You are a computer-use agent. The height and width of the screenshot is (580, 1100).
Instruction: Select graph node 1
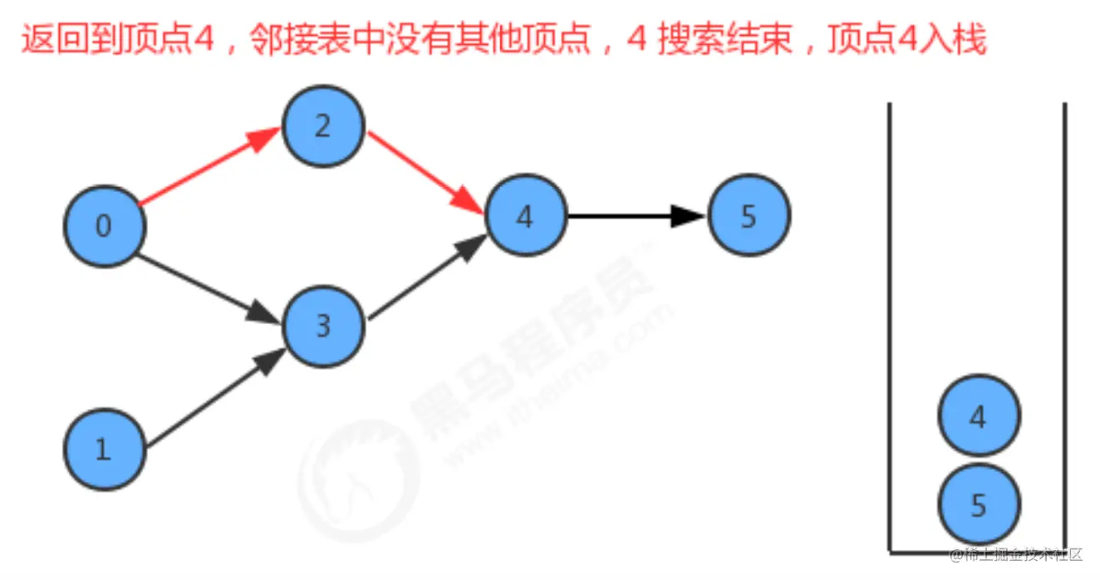[x=105, y=450]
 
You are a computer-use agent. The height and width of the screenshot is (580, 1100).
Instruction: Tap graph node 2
[x=323, y=126]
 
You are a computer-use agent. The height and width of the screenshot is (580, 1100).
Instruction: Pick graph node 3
[x=324, y=327]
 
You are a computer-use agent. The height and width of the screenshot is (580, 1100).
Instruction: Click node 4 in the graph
[x=526, y=217]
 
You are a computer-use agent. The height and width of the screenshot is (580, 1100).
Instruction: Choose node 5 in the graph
[x=749, y=216]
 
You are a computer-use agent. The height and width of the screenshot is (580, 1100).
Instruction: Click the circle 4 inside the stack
[x=979, y=416]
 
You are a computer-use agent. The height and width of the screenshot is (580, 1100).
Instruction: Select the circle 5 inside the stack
[x=979, y=505]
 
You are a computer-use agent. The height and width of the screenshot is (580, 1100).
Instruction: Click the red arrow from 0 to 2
[x=208, y=167]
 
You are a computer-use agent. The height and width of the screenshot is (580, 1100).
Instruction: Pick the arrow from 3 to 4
[x=425, y=280]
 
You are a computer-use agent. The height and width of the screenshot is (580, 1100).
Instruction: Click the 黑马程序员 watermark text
[x=532, y=332]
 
